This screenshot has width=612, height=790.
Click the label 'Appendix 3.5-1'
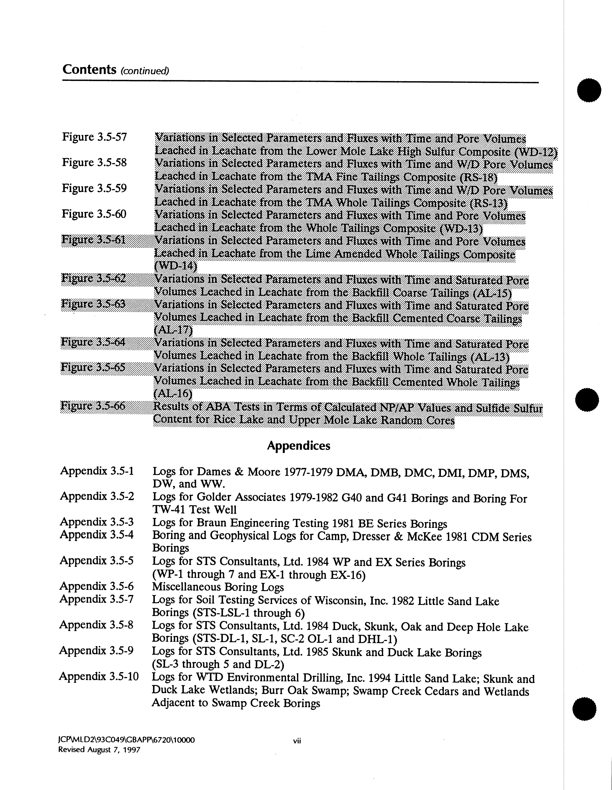97,471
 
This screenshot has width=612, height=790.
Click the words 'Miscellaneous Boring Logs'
218,587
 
